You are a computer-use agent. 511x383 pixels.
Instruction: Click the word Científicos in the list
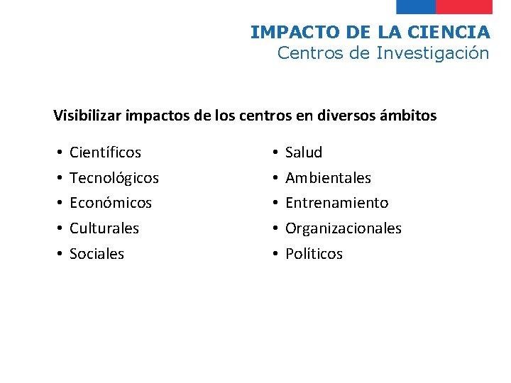tap(105, 152)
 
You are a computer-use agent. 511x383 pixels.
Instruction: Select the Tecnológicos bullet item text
tap(114, 178)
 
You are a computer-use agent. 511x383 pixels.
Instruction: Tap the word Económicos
tap(111, 203)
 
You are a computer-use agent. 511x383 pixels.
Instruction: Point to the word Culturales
tap(104, 228)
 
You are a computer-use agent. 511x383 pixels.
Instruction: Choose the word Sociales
tap(97, 254)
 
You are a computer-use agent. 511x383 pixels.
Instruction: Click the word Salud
tap(304, 152)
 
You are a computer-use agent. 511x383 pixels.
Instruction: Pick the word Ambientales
tap(328, 178)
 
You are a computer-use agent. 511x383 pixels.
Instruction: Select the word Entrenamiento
tap(336, 203)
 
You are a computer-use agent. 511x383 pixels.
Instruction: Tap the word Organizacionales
tap(344, 228)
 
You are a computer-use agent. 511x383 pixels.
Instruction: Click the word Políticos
tap(314, 254)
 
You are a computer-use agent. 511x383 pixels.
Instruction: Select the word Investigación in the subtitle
tap(433, 53)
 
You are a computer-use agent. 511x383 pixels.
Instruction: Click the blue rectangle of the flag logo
tap(415, 6)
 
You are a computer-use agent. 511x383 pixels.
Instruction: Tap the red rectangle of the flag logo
tap(463, 6)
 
